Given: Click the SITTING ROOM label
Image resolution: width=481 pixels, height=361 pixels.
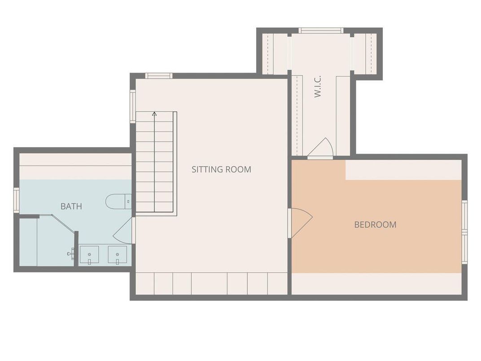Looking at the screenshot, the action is click(x=222, y=169).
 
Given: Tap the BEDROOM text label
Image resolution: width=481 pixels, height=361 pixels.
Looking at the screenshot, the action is click(x=375, y=225).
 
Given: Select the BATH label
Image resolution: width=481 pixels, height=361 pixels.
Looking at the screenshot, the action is click(x=71, y=206).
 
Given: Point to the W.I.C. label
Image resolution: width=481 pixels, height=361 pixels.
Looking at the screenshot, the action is click(x=318, y=87).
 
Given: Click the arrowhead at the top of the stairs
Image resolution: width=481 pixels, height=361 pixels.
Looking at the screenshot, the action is click(x=154, y=114).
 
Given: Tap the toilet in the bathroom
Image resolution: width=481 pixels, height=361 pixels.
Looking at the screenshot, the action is click(x=118, y=202).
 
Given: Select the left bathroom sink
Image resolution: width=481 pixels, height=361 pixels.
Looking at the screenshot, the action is click(x=89, y=255).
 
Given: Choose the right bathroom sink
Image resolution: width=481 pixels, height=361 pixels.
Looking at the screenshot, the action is click(x=117, y=255).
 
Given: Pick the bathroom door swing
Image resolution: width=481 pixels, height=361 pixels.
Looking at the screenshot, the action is click(x=124, y=231).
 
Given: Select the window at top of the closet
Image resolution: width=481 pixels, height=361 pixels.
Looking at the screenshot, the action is click(x=321, y=31).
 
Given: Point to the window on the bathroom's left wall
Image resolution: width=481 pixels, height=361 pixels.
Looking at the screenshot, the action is click(x=16, y=200).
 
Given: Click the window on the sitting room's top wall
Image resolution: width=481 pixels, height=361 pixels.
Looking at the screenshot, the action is click(x=158, y=75).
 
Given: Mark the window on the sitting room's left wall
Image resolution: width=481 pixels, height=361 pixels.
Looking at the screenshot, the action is click(x=132, y=106).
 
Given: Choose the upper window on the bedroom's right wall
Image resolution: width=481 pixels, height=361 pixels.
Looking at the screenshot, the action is click(x=465, y=215).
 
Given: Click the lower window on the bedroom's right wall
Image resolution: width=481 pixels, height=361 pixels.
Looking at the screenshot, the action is click(x=465, y=248).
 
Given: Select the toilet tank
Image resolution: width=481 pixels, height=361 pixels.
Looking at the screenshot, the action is click(x=128, y=202).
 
